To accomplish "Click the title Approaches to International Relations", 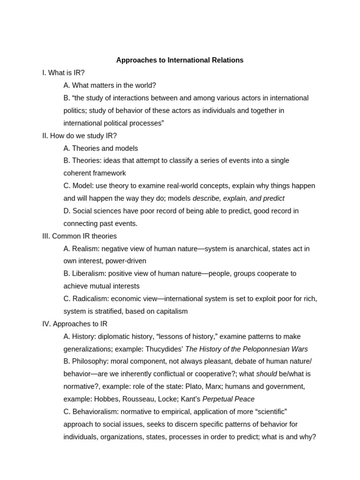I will (180, 60).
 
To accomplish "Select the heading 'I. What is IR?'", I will (63, 73).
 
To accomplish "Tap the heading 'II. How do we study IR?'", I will (79, 135).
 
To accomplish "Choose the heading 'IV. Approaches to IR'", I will (75, 324).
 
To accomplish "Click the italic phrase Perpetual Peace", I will (228, 399).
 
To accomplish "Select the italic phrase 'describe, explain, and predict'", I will (239, 198).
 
